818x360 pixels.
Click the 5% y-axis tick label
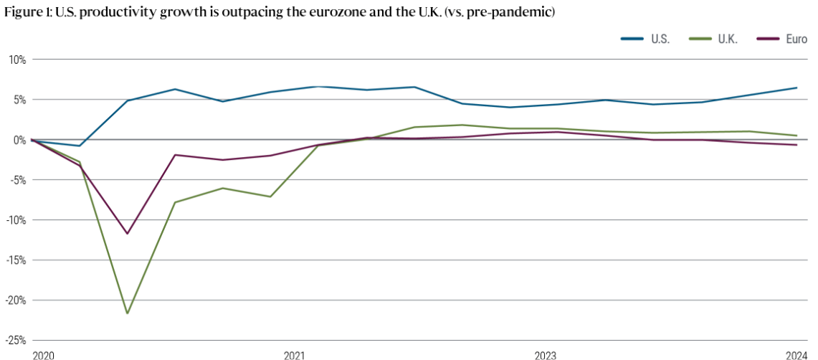18,100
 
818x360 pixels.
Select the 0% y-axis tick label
18,140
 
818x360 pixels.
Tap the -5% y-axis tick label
16,180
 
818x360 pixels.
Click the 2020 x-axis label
42,355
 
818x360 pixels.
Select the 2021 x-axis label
294,355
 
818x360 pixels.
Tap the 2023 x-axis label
545,355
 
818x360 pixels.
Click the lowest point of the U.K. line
127,313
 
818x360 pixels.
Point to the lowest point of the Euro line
127,234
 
